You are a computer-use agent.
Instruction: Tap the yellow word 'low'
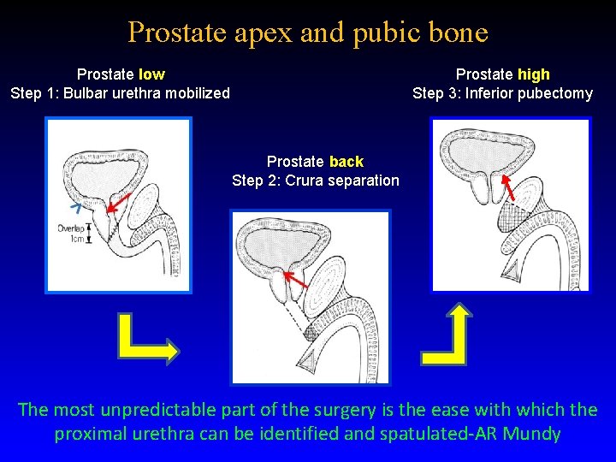(151, 74)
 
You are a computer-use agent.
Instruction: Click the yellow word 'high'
(534, 74)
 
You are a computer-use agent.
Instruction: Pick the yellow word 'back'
(346, 162)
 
